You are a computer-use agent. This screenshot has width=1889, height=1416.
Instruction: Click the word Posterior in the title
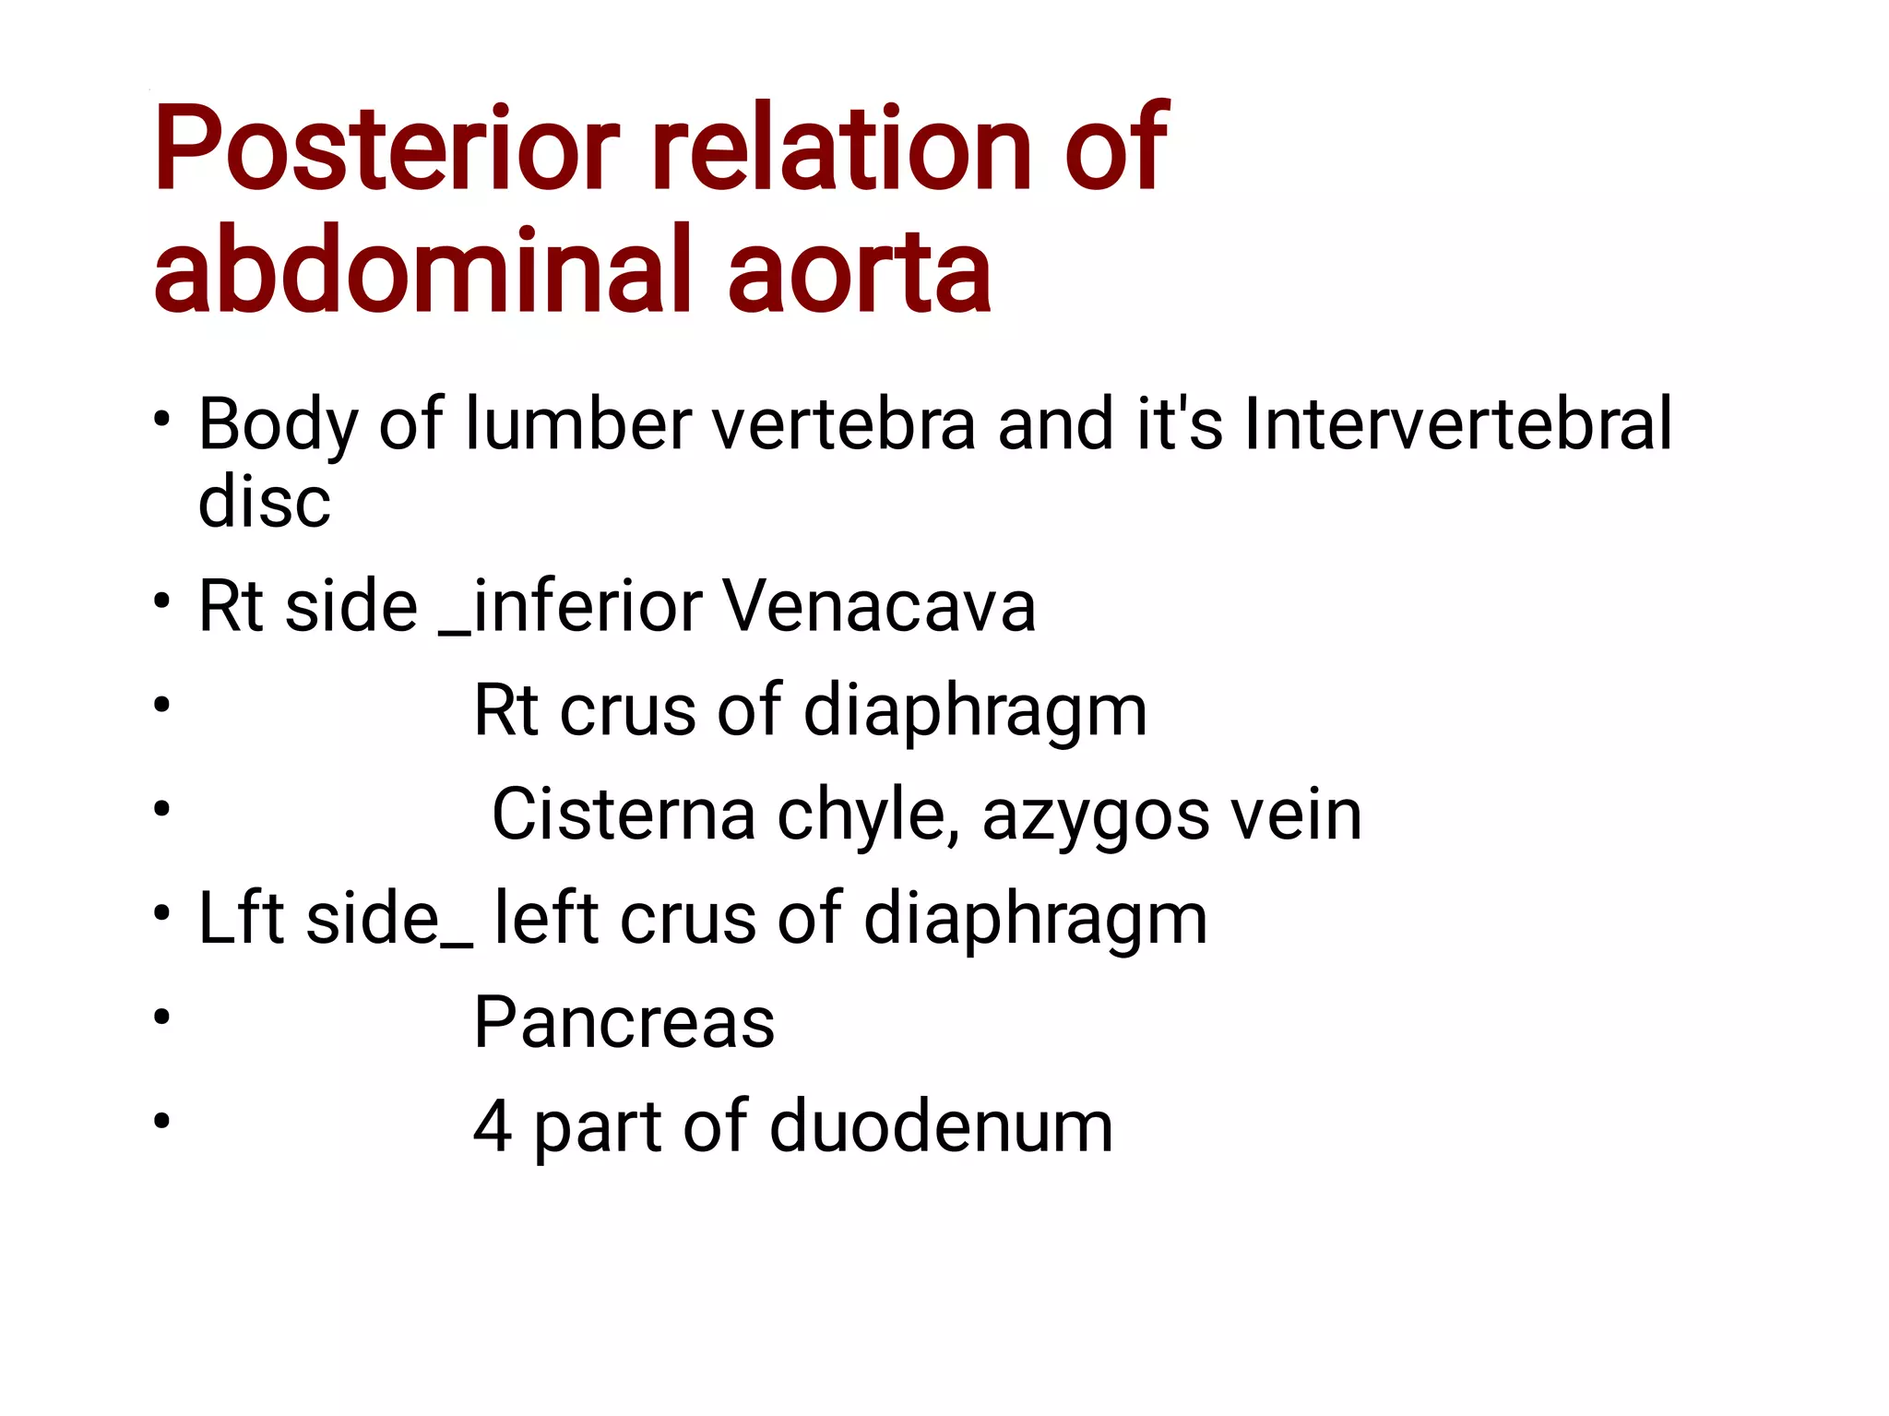(x=386, y=149)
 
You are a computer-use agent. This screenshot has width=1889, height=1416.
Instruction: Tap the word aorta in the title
(x=859, y=271)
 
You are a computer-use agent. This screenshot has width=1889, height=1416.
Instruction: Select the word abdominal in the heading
(x=422, y=271)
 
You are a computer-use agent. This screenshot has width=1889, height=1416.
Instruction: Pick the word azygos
(x=1095, y=816)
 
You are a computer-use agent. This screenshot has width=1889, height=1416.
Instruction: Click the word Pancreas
(x=624, y=1023)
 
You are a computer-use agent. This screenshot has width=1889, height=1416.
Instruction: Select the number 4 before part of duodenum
(x=493, y=1127)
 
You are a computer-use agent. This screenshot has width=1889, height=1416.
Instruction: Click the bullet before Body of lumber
(x=162, y=420)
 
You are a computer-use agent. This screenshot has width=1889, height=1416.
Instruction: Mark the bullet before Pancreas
(x=162, y=1017)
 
